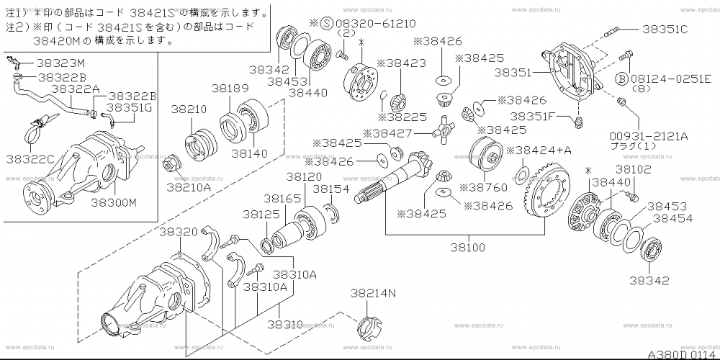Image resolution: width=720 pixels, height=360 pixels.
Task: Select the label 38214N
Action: [x=373, y=293]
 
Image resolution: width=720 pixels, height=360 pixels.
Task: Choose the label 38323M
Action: [x=60, y=63]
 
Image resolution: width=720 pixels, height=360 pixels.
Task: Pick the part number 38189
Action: [x=228, y=88]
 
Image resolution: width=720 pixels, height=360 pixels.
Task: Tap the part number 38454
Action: [x=672, y=217]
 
